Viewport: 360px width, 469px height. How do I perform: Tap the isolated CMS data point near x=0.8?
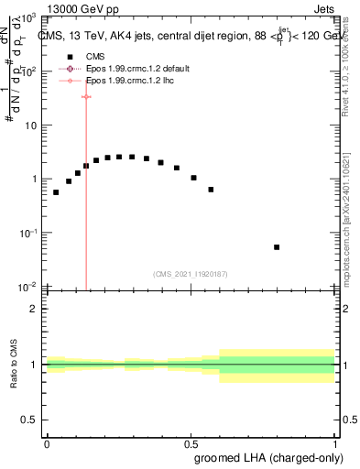click(x=277, y=247)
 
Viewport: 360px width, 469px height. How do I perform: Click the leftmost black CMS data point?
click(x=56, y=192)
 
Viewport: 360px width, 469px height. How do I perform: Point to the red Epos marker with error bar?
click(x=86, y=96)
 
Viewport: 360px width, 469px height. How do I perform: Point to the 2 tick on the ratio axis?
click(x=37, y=309)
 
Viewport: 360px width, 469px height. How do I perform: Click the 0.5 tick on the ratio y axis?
click(x=33, y=420)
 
